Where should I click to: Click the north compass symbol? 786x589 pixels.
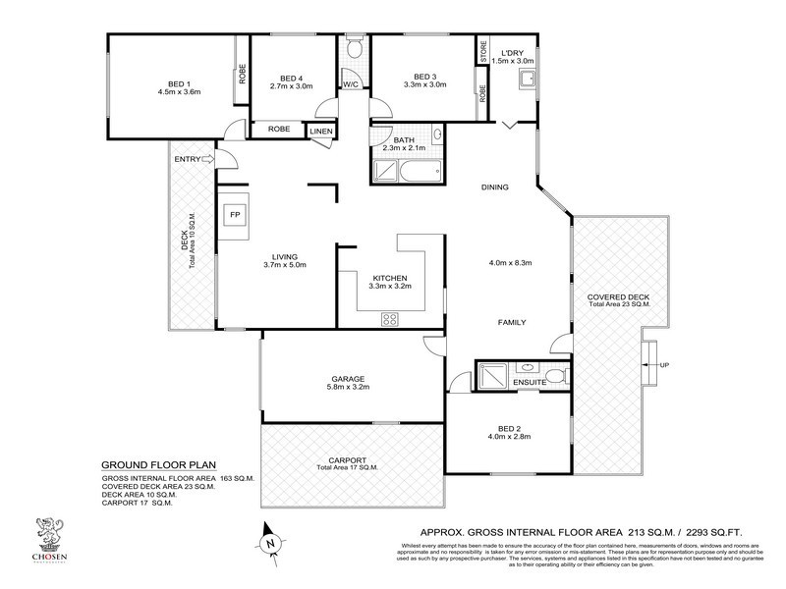point(270,541)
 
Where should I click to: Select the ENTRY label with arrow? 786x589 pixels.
point(194,160)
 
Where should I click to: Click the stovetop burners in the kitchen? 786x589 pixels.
point(389,317)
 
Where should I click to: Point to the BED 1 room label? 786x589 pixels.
point(178,83)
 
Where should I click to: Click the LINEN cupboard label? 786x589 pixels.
point(321,132)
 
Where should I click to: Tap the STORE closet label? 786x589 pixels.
point(483,48)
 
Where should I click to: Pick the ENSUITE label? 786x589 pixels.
point(529,382)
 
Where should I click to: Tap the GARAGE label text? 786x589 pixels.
point(348,379)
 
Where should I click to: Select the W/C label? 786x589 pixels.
point(351,84)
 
